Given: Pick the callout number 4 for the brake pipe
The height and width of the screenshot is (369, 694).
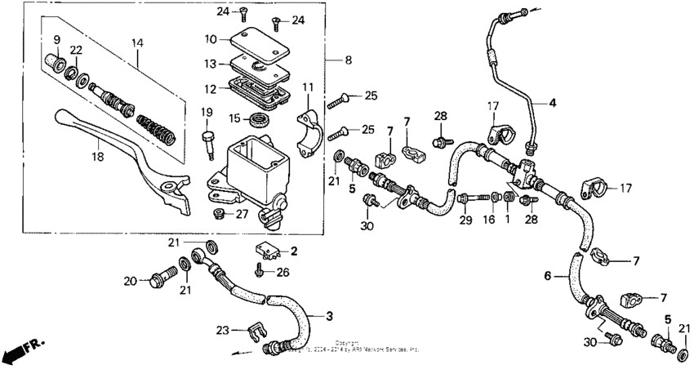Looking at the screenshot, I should pyautogui.click(x=552, y=103).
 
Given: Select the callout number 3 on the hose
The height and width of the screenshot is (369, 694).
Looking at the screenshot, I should pyautogui.click(x=330, y=315).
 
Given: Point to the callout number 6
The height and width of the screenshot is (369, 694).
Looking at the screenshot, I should pyautogui.click(x=549, y=277).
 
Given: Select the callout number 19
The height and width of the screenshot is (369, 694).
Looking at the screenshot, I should pyautogui.click(x=206, y=112).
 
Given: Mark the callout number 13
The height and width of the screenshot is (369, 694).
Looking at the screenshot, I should pyautogui.click(x=211, y=64).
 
